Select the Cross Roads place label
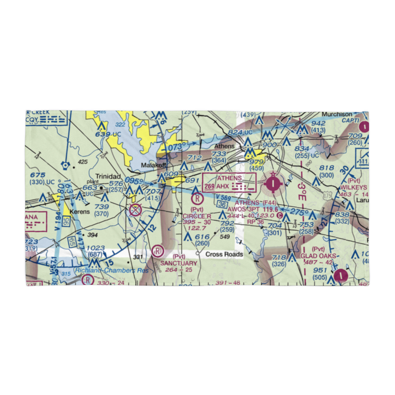click(224, 254)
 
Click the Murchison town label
click(337, 115)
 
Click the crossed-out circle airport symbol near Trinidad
click(135, 210)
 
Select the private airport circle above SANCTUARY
click(158, 250)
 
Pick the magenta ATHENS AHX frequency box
click(229, 182)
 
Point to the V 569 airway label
click(224, 197)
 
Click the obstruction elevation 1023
click(96, 248)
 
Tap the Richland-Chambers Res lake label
click(112, 271)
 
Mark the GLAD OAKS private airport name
click(318, 256)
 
